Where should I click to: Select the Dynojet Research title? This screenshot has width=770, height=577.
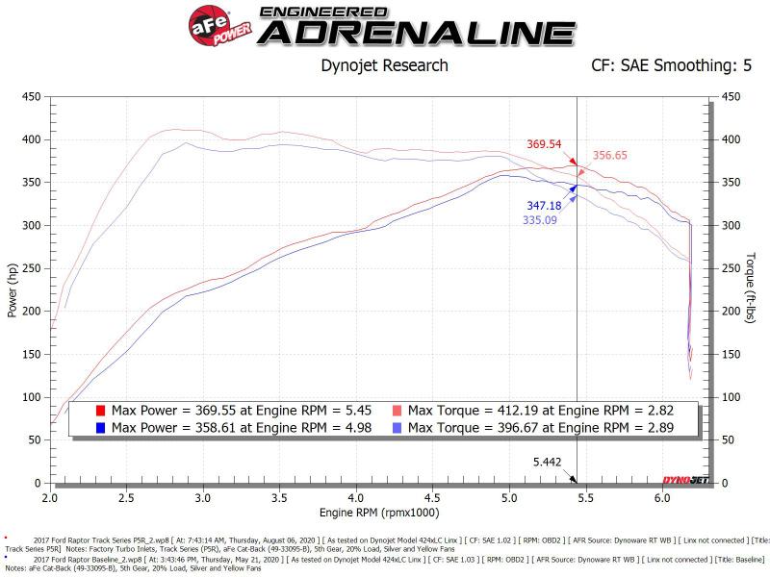point(383,65)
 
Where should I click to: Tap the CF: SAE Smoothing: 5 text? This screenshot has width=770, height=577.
point(671,65)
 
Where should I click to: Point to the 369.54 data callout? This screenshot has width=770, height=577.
point(544,144)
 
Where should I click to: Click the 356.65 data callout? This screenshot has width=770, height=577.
point(611,155)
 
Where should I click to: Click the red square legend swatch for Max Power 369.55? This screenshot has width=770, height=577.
point(101,411)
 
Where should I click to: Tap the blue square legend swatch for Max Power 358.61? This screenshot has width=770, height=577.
point(101,427)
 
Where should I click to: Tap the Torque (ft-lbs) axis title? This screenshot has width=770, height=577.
point(752,289)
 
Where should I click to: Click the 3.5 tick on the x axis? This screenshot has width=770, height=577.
point(280,498)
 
